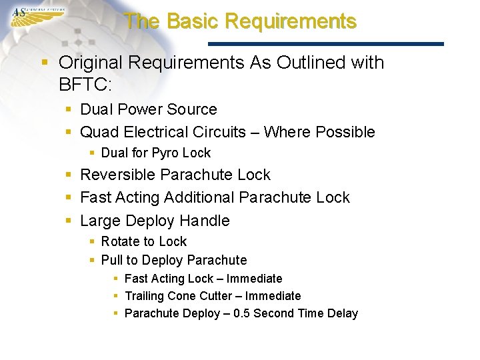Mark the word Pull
click(x=111, y=260)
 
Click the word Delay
click(x=343, y=313)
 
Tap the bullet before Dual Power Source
click(x=69, y=110)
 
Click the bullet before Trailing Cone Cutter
click(x=116, y=296)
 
